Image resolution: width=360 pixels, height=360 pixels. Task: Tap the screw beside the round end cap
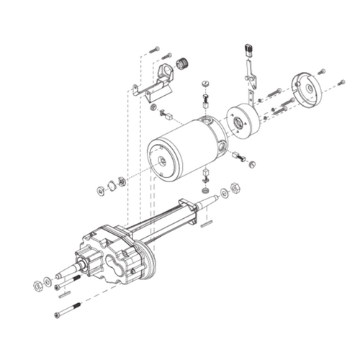[x=321, y=71]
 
